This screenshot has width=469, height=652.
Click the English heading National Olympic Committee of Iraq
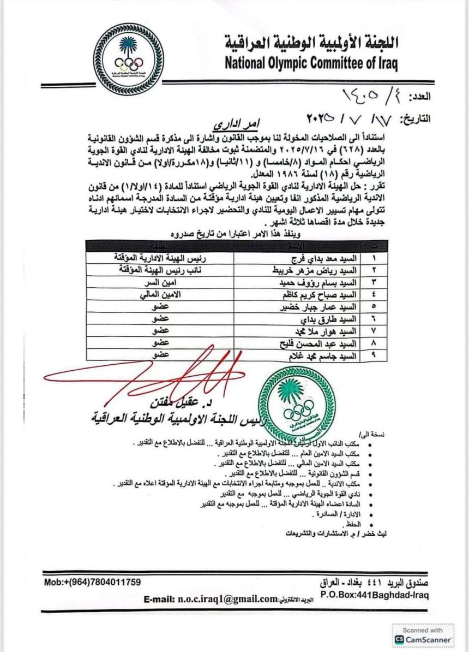click(x=311, y=63)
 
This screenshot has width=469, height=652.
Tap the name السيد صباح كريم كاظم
click(x=310, y=297)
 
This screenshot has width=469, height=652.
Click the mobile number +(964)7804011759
click(x=92, y=582)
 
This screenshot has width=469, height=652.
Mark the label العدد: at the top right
click(x=418, y=96)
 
